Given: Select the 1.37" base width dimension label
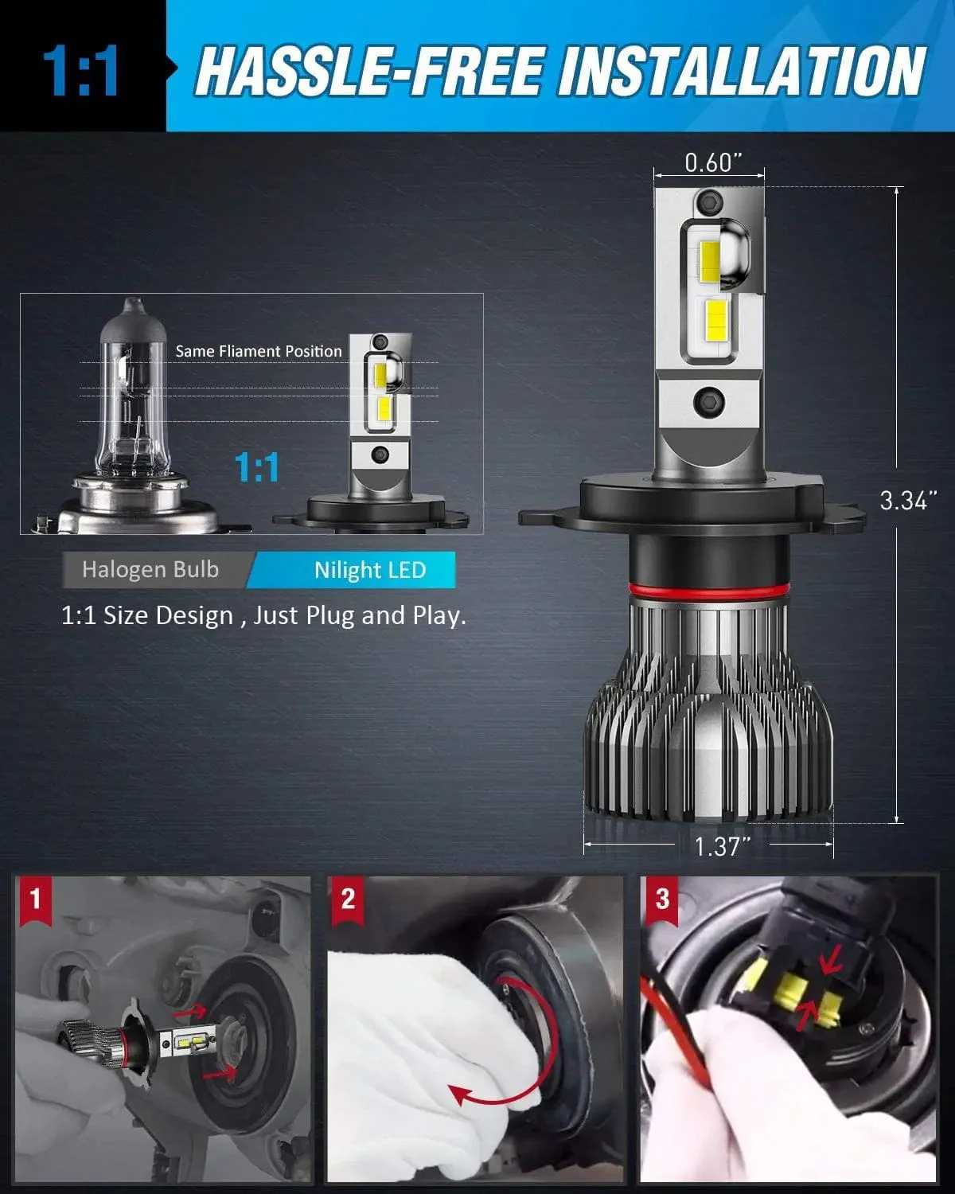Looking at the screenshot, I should coord(722,846).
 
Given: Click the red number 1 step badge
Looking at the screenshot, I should coord(34,900).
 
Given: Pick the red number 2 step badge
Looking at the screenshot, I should coord(348,900).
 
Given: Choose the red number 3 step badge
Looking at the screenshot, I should coord(662,900).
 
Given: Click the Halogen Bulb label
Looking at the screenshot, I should coord(150,570).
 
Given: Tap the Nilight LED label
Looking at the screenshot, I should coord(370,570).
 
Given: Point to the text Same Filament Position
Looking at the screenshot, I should coord(259,351).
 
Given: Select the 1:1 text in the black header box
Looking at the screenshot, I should coord(80,72).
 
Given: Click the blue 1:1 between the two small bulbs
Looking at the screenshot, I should coord(257,467).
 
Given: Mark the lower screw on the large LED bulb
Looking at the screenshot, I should coord(707,402).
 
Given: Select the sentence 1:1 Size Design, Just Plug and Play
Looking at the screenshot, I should coord(263,615).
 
